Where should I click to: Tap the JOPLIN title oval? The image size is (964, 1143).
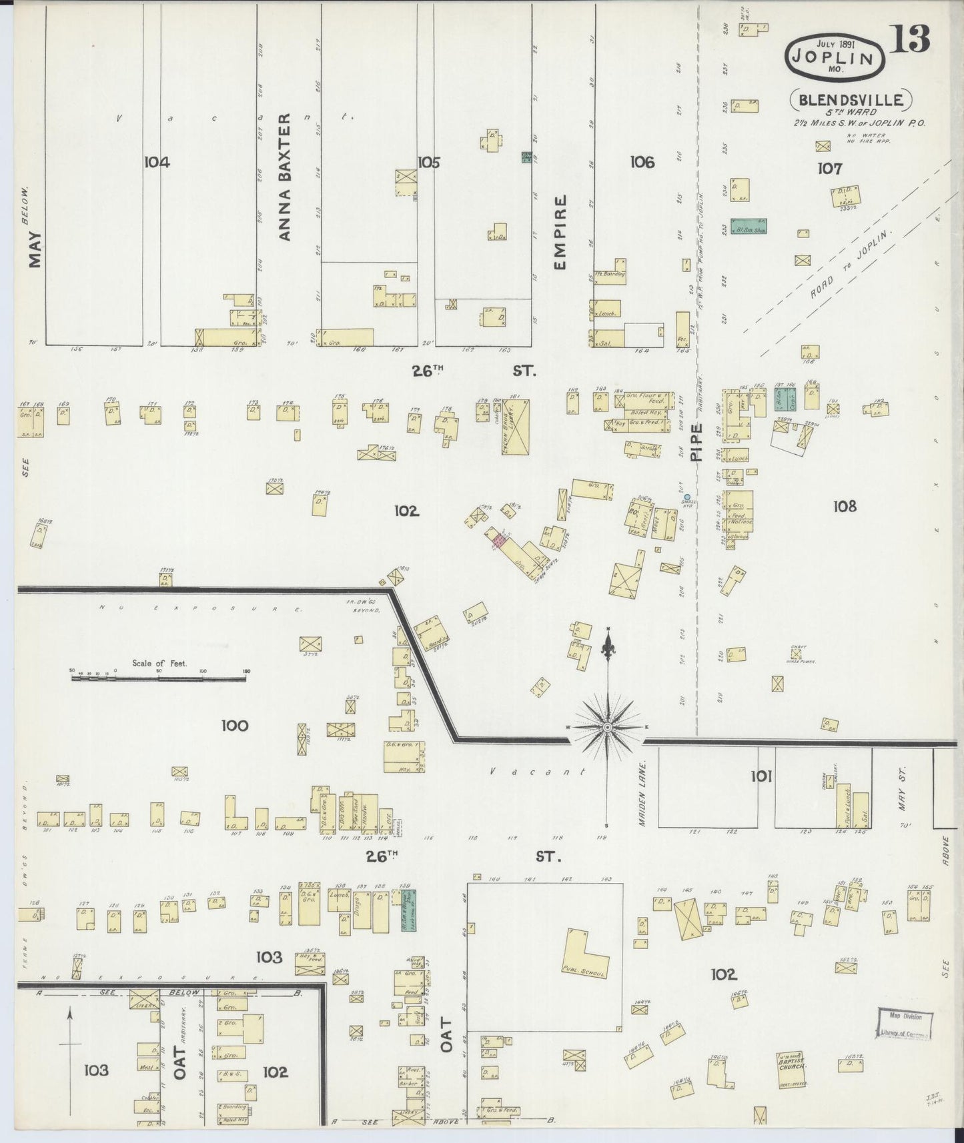point(835,57)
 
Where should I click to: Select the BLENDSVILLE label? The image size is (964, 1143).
point(851,101)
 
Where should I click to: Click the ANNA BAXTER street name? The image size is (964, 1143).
point(285,177)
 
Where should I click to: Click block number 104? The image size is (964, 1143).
point(156,162)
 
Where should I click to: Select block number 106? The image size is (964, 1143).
point(642,162)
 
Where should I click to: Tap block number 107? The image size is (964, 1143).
point(830,169)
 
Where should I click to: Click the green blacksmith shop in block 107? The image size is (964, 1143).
point(749,227)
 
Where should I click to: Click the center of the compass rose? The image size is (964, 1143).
point(608,726)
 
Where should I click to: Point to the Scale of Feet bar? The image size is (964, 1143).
point(159,678)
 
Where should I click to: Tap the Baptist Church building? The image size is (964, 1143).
point(791,1069)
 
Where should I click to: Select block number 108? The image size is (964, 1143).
point(844,507)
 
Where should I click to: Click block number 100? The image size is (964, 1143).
point(234,726)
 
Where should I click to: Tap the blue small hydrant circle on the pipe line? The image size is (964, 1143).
point(687,497)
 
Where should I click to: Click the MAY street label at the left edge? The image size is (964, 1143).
point(34,249)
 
